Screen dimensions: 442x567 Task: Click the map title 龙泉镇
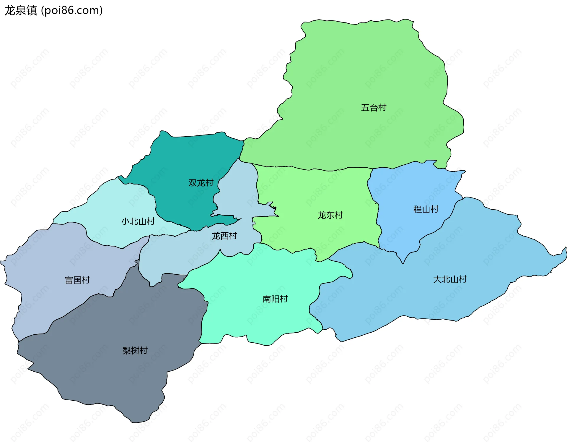(21, 10)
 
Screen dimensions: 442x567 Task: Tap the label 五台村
(373, 108)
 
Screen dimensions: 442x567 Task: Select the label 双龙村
(201, 183)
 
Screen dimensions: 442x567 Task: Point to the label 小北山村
(138, 221)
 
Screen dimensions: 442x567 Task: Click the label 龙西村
(224, 236)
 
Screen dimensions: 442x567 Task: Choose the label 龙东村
(330, 215)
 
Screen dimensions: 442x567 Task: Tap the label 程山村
(426, 209)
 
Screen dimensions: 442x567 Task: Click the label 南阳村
(275, 299)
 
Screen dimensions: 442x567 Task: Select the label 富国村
(77, 280)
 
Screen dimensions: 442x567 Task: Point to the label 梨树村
(135, 350)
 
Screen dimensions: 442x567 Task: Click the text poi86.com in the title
(72, 10)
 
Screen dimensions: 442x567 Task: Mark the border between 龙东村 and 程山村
(378, 219)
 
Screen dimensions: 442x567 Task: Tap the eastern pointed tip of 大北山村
(566, 248)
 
